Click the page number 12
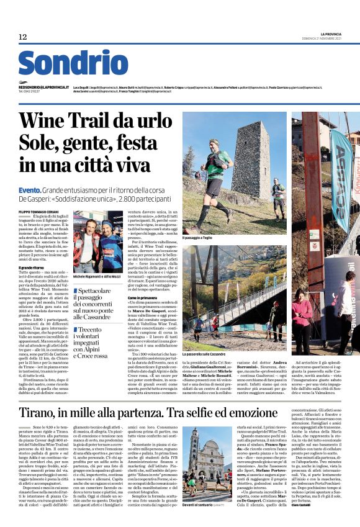tap(23, 37)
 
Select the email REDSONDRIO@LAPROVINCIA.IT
tap(43, 88)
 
